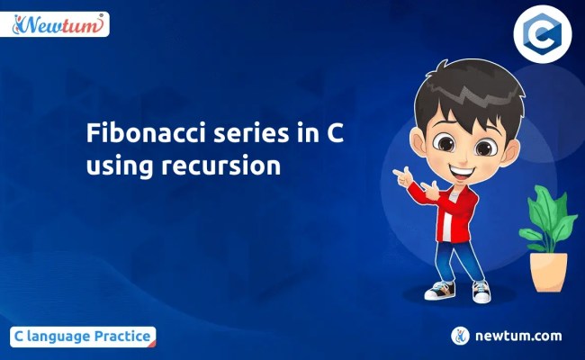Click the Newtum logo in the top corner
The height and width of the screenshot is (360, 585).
point(59,23)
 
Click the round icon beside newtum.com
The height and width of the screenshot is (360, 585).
point(462,336)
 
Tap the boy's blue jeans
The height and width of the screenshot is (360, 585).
point(460,261)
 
